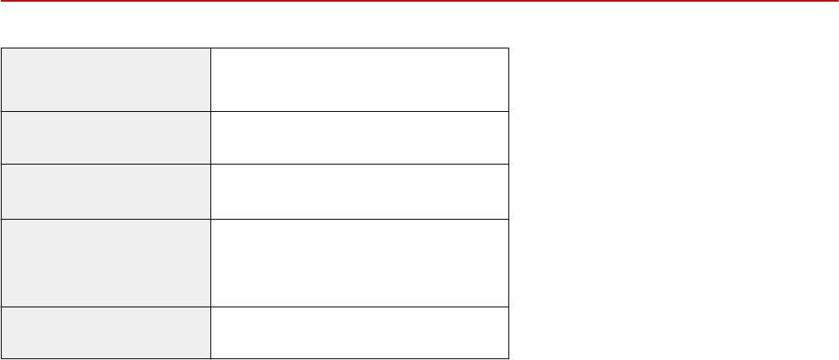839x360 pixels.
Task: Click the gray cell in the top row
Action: tap(106, 79)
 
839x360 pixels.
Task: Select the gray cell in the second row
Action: tap(106, 138)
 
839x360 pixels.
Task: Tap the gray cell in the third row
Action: tap(106, 192)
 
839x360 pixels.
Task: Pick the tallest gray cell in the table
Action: tap(106, 263)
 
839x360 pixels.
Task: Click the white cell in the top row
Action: tap(360, 79)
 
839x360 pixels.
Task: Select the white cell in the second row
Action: tap(360, 138)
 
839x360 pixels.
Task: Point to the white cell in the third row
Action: tap(360, 192)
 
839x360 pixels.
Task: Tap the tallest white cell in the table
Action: tap(360, 263)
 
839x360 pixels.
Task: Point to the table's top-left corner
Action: tap(2, 48)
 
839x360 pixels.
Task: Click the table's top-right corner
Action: tap(508, 48)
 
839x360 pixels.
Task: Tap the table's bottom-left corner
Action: tap(2, 358)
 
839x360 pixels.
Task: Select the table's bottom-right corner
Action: tap(508, 358)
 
